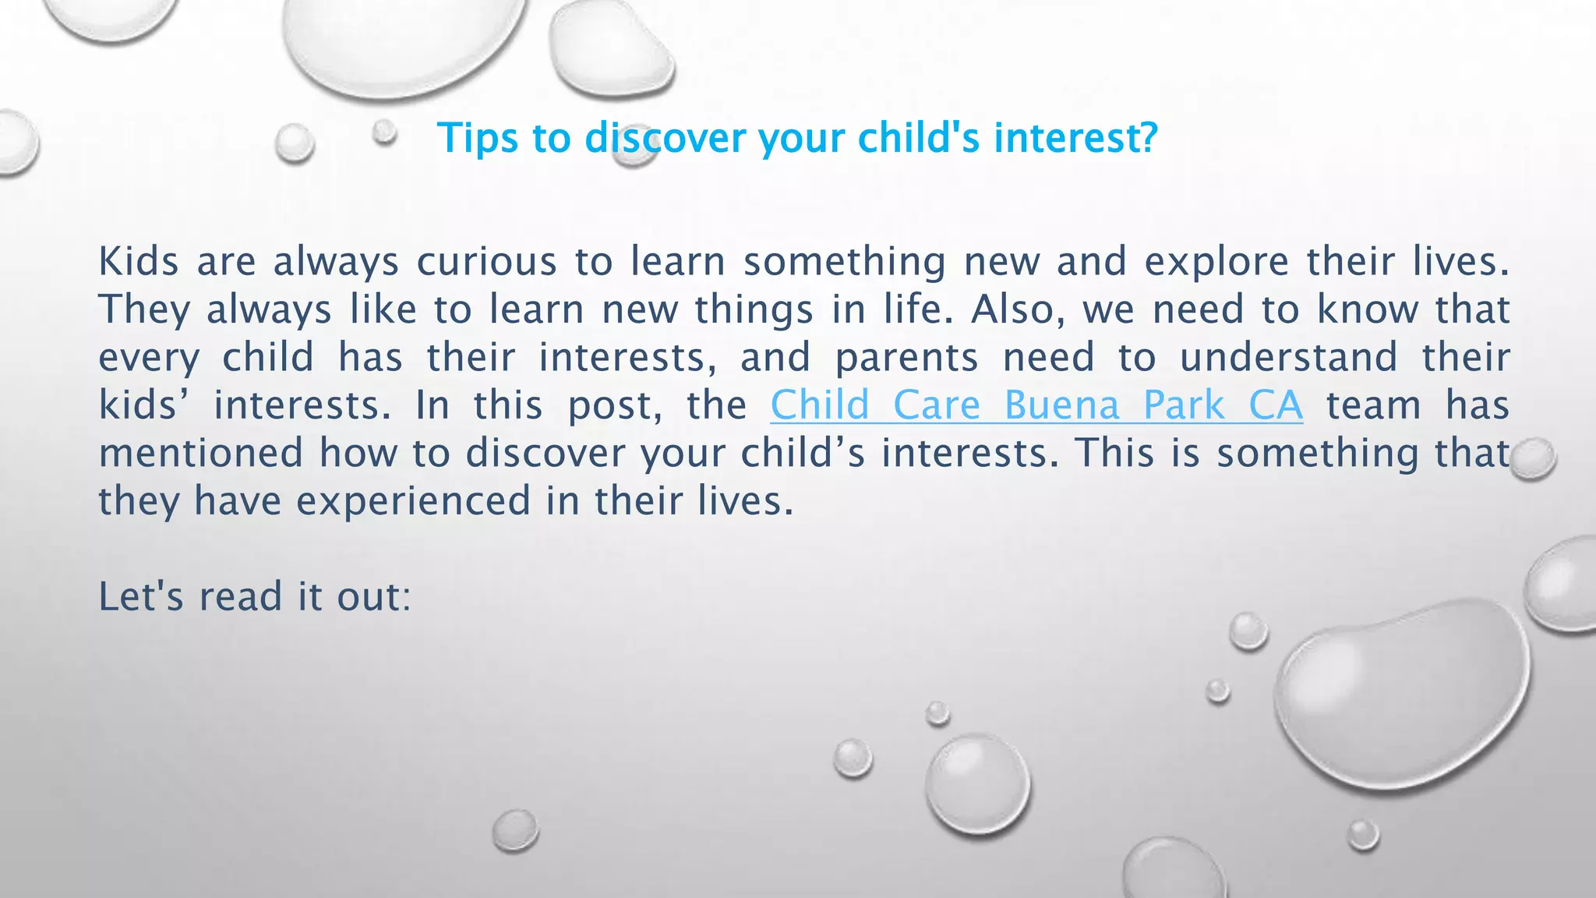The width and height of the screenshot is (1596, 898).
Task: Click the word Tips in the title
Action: click(x=478, y=138)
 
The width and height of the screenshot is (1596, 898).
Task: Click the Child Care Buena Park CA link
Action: click(x=1036, y=405)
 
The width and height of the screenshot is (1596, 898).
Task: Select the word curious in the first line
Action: click(x=486, y=261)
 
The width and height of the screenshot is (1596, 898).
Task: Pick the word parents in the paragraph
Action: click(x=906, y=359)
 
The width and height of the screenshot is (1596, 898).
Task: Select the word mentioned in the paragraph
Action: click(x=200, y=454)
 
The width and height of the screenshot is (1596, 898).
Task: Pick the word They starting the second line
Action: click(x=144, y=310)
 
